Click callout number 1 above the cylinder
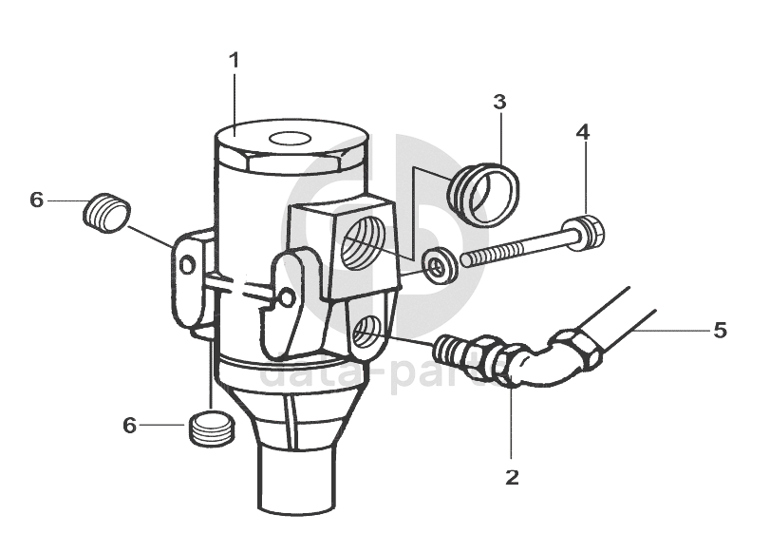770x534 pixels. coord(234,60)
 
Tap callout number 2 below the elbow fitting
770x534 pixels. coord(512,477)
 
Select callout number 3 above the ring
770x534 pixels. coord(500,101)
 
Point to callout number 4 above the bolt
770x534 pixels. coord(582,131)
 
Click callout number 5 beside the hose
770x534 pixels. coord(721,330)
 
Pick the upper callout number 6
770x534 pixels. coord(37,200)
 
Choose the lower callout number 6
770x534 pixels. coord(130,425)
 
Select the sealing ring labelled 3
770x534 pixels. coord(484,191)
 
